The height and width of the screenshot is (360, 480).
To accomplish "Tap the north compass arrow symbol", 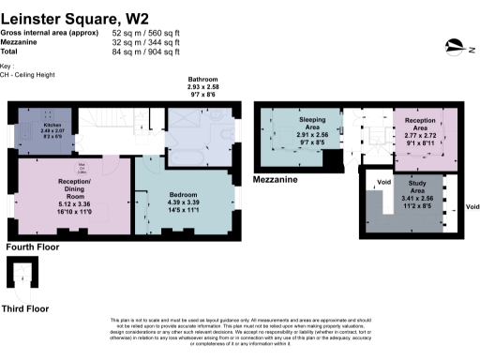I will pos(456,43).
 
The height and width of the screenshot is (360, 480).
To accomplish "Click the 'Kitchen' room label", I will pos(52,124).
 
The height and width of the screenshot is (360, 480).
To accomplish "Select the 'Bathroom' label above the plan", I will pos(202,81).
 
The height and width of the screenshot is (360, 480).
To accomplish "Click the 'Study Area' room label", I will pos(415,188).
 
